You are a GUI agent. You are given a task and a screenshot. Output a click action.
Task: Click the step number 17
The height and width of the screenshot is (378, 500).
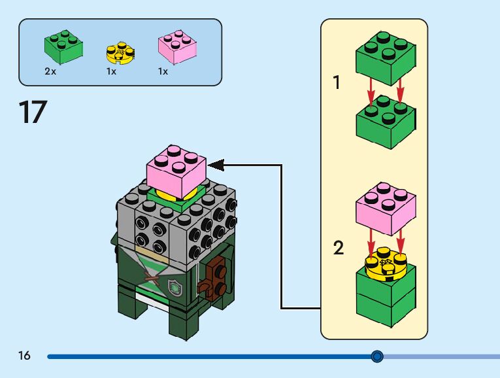coord(33,112)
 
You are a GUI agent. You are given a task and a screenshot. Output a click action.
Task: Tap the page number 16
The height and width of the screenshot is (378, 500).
coord(25,356)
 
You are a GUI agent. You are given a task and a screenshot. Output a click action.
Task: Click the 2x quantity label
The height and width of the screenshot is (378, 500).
coord(50,72)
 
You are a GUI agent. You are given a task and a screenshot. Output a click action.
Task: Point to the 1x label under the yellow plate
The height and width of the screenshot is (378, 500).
coord(112,72)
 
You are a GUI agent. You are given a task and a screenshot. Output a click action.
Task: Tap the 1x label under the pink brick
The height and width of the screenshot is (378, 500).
coord(163,72)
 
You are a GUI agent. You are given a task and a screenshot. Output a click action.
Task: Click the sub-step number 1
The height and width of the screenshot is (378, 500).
coord(337,83)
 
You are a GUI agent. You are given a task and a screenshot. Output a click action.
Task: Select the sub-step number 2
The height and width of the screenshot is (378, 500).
coord(338,248)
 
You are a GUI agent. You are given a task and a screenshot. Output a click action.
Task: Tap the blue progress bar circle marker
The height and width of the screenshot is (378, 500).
coord(377,356)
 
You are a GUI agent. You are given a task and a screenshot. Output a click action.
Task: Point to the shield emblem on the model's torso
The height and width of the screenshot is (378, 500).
coord(175,286)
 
